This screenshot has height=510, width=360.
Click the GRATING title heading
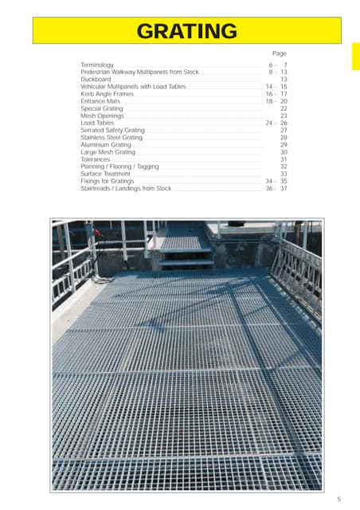coord(186,32)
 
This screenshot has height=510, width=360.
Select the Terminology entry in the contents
coord(97,64)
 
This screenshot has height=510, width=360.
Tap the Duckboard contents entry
coord(96,79)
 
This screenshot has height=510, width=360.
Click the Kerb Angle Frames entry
coord(108,93)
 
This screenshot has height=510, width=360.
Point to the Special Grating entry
coord(102,108)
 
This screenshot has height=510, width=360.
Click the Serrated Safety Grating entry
coord(112,130)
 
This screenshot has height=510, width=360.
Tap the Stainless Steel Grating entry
coord(112,138)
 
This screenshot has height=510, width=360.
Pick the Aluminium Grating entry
coord(106,145)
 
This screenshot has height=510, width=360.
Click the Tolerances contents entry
coord(96,159)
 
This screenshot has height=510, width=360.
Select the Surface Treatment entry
coord(105,174)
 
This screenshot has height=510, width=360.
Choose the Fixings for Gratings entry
coord(107,182)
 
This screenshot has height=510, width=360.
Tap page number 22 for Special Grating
coord(284,108)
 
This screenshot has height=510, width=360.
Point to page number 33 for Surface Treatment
coord(284,174)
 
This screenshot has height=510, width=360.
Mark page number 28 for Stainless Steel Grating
coord(284,138)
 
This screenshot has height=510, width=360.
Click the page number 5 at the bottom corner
coord(338,500)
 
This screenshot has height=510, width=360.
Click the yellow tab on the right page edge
coord(355,56)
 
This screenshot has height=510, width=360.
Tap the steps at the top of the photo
coord(186,251)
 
